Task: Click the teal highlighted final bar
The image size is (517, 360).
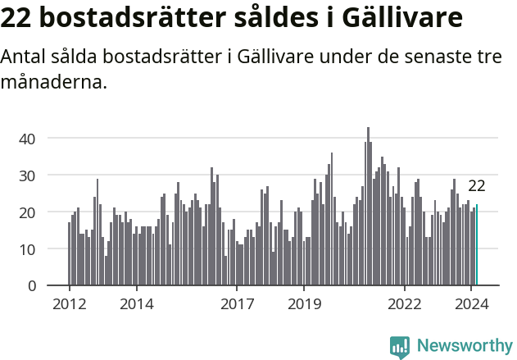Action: (477, 245)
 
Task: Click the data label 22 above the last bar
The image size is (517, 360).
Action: (477, 185)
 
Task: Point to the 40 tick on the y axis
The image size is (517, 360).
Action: (27, 139)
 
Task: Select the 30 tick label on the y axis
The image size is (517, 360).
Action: (27, 175)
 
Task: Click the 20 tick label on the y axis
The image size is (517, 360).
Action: (27, 212)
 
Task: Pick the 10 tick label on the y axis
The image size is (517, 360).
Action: (27, 249)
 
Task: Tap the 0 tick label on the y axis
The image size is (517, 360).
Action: (31, 286)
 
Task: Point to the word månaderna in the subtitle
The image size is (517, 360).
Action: (54, 82)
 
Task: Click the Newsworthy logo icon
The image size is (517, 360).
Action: (400, 346)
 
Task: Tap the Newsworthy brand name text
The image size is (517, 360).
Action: (464, 346)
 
